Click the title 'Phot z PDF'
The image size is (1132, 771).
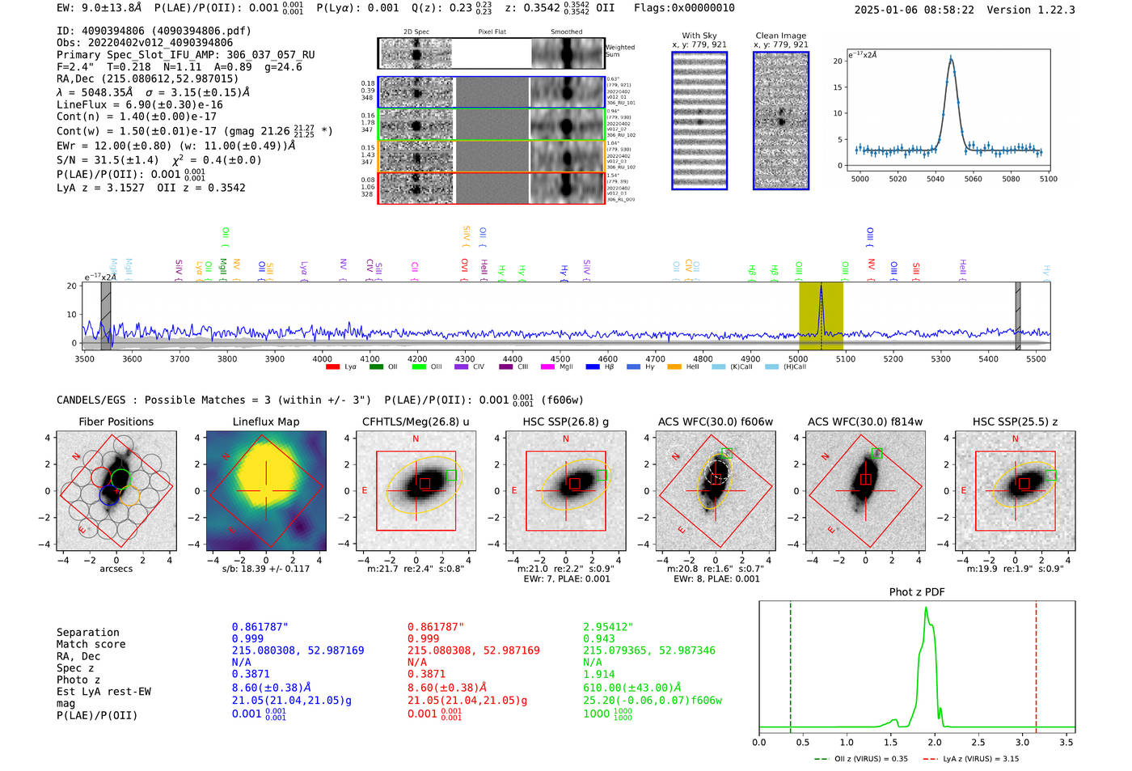[916, 591]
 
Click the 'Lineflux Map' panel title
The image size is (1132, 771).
[265, 422]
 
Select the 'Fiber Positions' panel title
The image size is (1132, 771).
[116, 422]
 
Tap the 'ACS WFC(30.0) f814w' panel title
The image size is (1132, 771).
[864, 422]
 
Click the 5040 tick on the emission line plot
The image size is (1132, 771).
[936, 179]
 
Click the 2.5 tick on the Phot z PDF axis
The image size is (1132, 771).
[978, 742]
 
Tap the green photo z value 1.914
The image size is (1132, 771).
[598, 674]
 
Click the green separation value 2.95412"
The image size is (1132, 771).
[608, 627]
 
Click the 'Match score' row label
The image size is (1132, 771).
[91, 644]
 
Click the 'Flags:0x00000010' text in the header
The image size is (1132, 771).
[684, 7]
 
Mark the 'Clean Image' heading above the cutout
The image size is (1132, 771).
[780, 36]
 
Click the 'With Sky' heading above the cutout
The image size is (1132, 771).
[699, 36]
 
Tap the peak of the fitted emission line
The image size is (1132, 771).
[951, 57]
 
